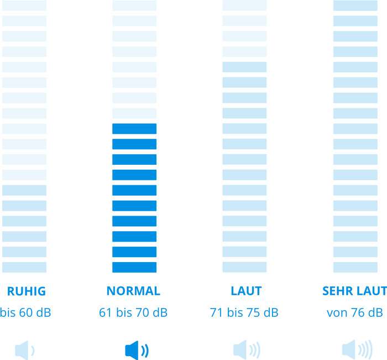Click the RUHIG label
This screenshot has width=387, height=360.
[x=26, y=291]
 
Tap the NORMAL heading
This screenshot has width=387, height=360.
[x=133, y=291]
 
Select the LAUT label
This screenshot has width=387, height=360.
[x=246, y=291]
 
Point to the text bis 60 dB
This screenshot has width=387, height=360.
[x=25, y=312]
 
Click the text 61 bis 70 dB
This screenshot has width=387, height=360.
[x=133, y=312]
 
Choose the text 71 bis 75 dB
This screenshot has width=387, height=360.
[x=244, y=312]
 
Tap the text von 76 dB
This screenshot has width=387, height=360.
[x=354, y=312]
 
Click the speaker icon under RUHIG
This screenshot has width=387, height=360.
[x=24, y=349]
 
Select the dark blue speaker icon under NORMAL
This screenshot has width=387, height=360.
[x=136, y=349]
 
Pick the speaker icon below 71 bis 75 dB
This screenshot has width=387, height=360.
[x=246, y=349]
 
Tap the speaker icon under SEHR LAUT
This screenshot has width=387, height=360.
[x=357, y=349]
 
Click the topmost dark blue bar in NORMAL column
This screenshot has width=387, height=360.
[x=134, y=129]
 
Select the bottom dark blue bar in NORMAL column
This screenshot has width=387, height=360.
[x=134, y=267]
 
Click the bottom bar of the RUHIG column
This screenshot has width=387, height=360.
[x=24, y=267]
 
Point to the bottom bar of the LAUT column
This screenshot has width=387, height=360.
[x=244, y=267]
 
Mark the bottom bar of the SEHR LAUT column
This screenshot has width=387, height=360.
[x=355, y=267]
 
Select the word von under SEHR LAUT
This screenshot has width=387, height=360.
[x=337, y=313]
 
